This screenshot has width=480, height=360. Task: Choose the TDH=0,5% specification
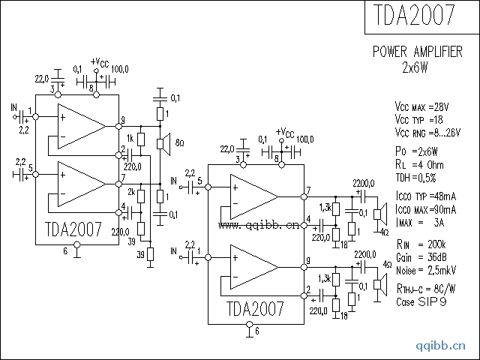click(416, 178)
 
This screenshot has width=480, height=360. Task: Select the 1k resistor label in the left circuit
click(130, 139)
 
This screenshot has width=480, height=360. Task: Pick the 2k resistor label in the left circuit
click(130, 192)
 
